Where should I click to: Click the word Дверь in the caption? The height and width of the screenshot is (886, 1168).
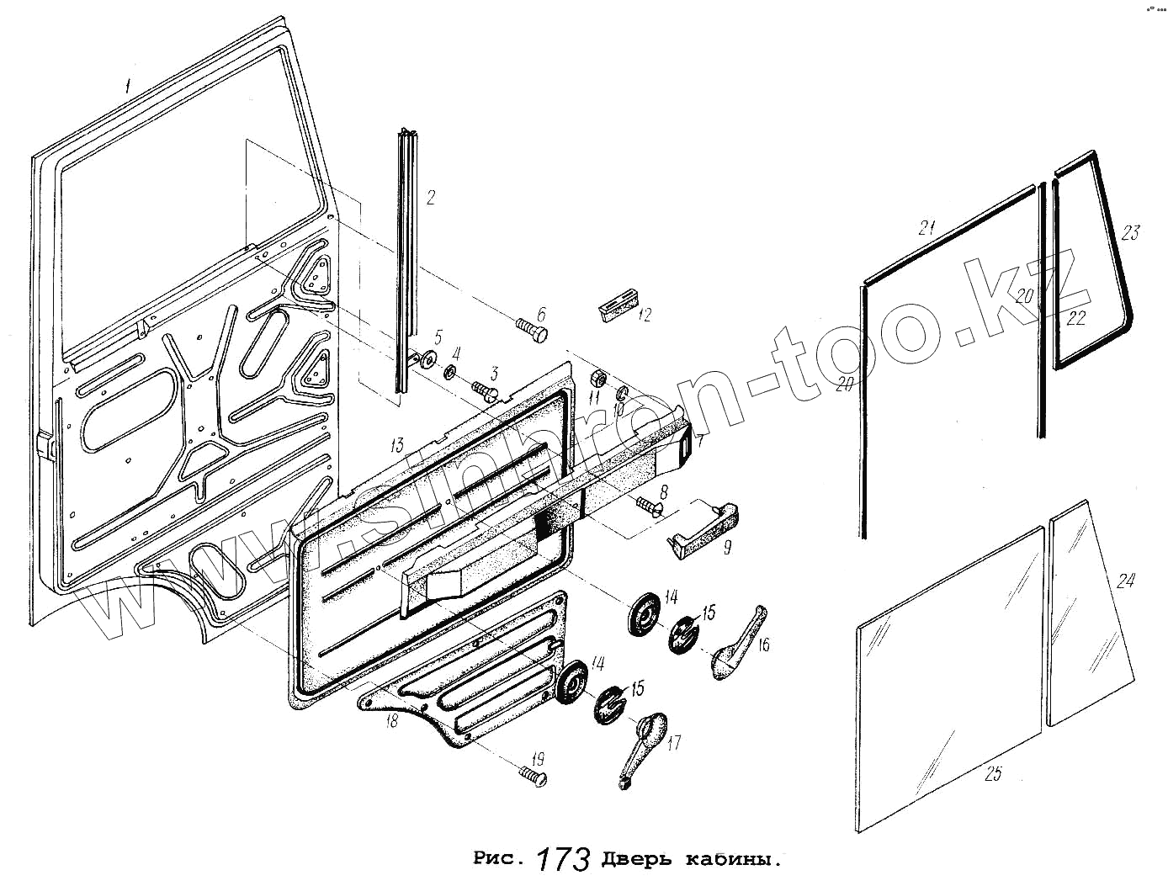click(634, 860)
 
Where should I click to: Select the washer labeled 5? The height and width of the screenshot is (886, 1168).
click(427, 359)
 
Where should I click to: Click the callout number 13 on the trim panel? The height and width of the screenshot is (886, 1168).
click(396, 444)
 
